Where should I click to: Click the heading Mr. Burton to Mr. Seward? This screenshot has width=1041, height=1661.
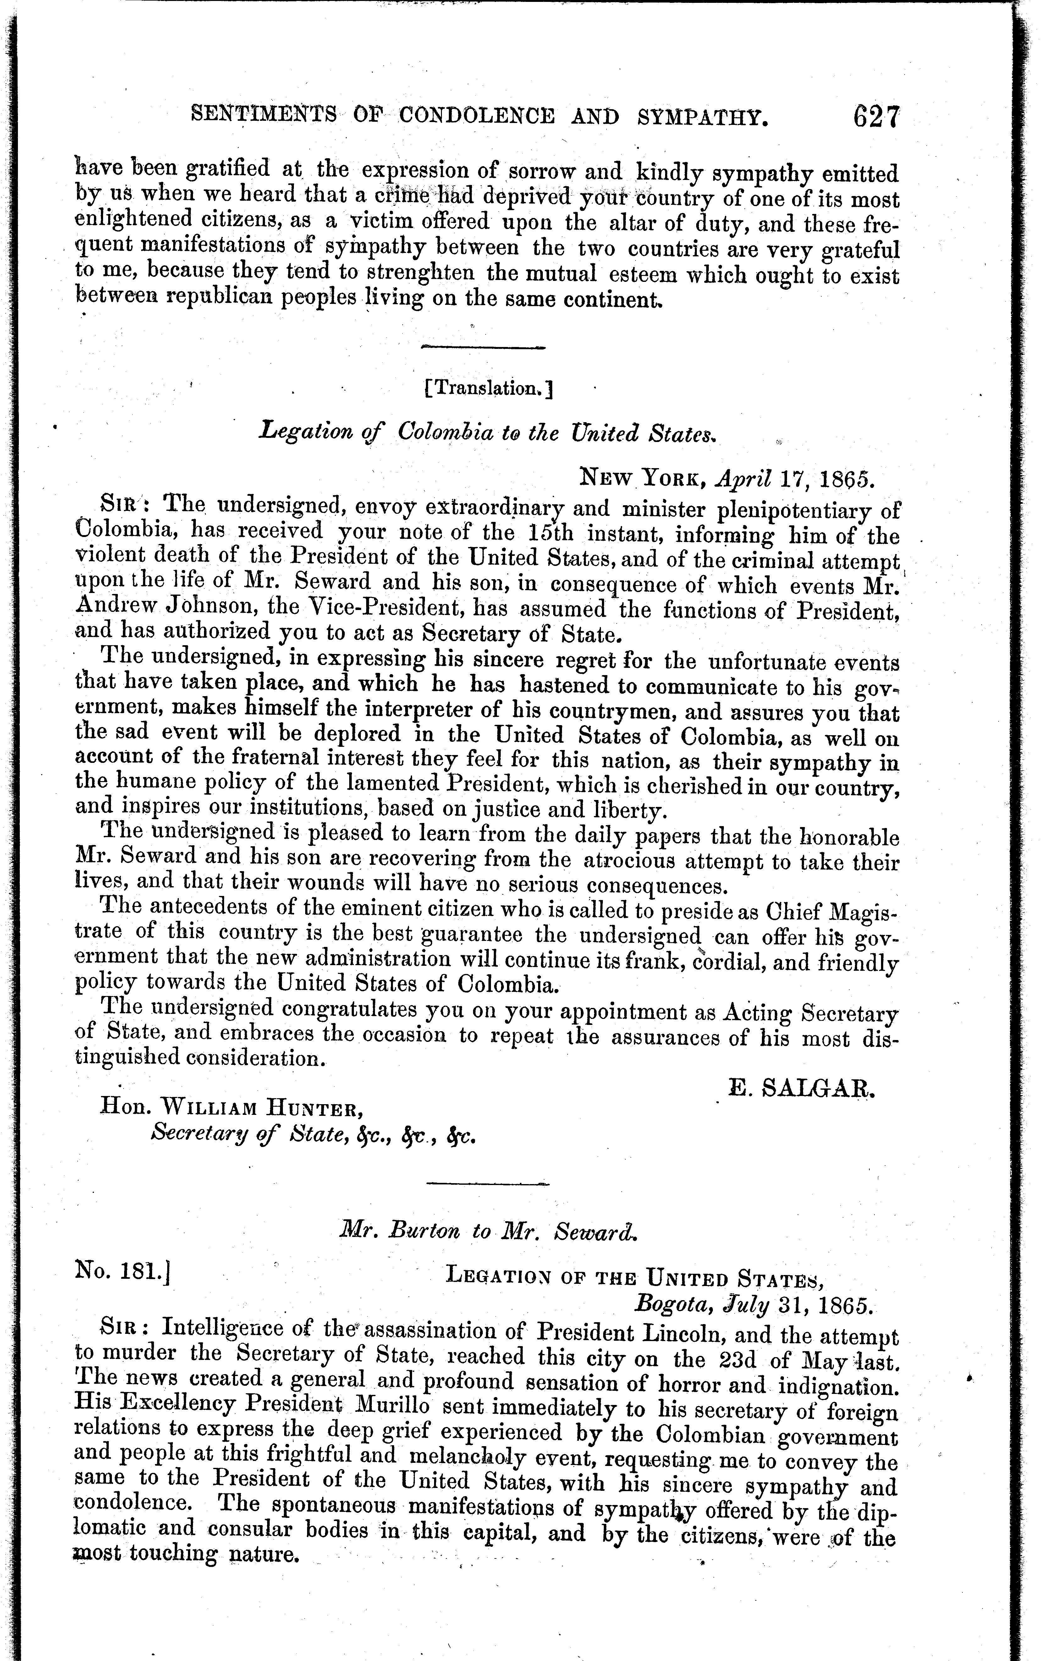489,1231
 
